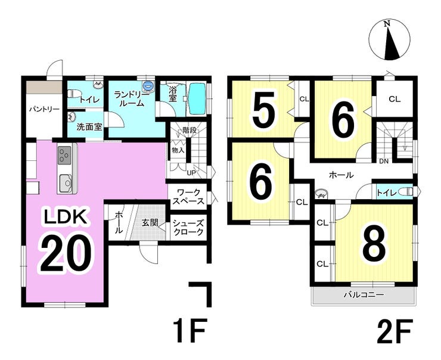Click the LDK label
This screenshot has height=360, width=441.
click(66, 218)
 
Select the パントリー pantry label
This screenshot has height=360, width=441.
click(44, 110)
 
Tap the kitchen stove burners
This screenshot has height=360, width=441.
click(64, 156)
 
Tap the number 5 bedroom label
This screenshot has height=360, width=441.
click(262, 111)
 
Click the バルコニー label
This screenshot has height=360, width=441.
click(363, 295)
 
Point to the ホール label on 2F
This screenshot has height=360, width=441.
click(341, 175)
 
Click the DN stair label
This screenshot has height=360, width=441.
click(384, 161)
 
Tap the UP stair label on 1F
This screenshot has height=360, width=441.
click(191, 173)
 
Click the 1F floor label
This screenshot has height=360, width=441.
click(190, 330)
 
